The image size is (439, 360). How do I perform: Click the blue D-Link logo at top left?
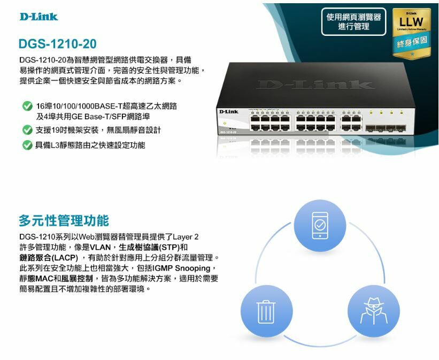[x=38, y=17]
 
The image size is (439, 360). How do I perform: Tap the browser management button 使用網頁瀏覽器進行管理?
[x=353, y=22]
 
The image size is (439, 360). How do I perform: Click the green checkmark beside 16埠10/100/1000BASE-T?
[x=26, y=106]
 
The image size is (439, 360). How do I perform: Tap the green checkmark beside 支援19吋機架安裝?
[x=26, y=130]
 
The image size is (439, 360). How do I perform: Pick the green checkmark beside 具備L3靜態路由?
[x=26, y=145]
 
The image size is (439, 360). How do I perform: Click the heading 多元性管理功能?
[x=64, y=220]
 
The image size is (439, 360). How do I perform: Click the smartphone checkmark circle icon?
[x=320, y=226]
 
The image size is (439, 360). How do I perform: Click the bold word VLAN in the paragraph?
[x=100, y=247]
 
